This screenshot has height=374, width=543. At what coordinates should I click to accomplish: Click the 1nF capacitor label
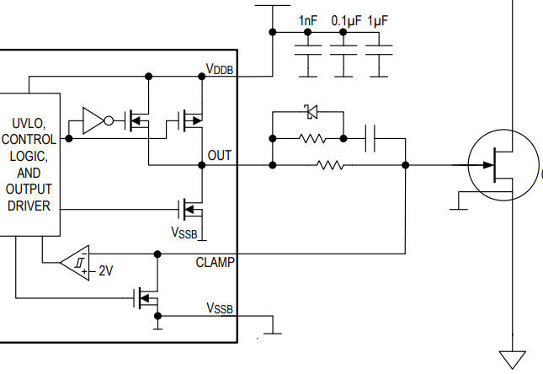307,20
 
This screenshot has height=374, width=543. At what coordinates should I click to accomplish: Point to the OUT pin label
220,156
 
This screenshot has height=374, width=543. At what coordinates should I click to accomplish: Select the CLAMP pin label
216,262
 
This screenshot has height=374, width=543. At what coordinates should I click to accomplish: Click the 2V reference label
105,271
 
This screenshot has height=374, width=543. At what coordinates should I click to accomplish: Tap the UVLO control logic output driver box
29,163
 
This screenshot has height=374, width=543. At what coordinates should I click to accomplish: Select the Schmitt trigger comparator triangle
77,263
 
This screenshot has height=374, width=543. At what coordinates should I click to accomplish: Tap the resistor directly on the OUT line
331,166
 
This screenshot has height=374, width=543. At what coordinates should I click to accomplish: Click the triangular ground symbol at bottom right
512,359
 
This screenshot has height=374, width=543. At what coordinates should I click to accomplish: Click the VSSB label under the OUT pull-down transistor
185,232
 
